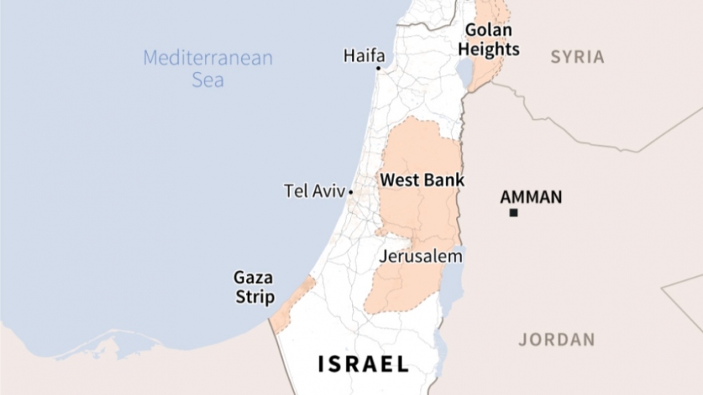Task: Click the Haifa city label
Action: click(363, 56)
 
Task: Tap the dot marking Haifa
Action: click(379, 69)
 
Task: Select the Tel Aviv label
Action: click(314, 192)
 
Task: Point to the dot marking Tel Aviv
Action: click(351, 192)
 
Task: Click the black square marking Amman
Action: click(514, 212)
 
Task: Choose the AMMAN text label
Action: click(530, 196)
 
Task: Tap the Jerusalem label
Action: click(420, 257)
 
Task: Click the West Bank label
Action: click(422, 180)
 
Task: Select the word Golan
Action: click(489, 30)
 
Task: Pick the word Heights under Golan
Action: click(489, 49)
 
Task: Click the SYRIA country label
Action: click(577, 57)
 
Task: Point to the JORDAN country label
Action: click(557, 339)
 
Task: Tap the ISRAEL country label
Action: click(363, 364)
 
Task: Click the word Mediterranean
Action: click(208, 58)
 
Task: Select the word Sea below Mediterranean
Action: click(208, 80)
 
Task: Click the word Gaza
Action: click(253, 278)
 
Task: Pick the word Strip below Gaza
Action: click(255, 298)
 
